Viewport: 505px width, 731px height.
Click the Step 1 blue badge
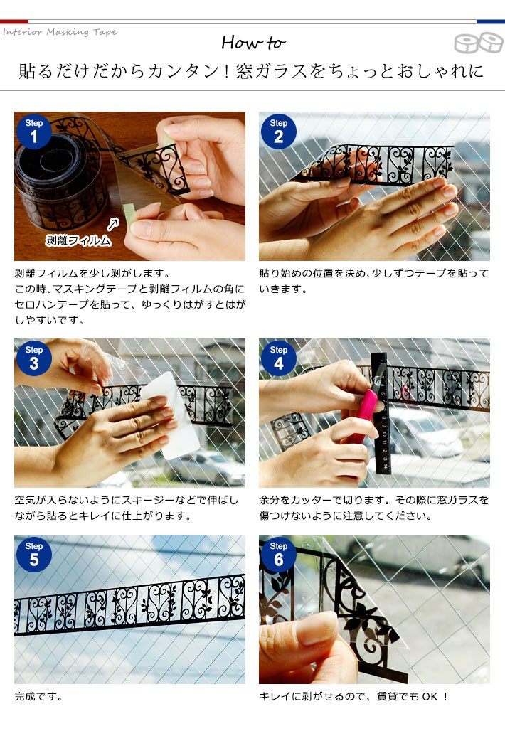click(33, 132)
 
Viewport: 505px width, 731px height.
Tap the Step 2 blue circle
click(278, 132)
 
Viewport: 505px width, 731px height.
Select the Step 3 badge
click(33, 358)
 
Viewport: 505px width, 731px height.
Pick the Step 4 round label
click(278, 358)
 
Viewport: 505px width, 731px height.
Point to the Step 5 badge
click(33, 555)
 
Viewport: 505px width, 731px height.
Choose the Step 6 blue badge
click(278, 555)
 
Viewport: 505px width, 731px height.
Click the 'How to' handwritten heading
click(253, 43)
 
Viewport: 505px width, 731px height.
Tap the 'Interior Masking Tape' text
click(60, 32)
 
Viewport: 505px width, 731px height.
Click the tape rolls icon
click(479, 43)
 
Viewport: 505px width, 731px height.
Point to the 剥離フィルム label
click(78, 240)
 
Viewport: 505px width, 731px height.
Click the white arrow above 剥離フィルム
click(113, 224)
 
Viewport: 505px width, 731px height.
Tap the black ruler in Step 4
click(381, 413)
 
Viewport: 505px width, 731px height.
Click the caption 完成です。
click(38, 696)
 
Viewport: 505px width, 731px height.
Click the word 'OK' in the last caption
click(430, 696)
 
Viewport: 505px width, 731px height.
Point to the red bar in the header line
click(14, 21)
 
